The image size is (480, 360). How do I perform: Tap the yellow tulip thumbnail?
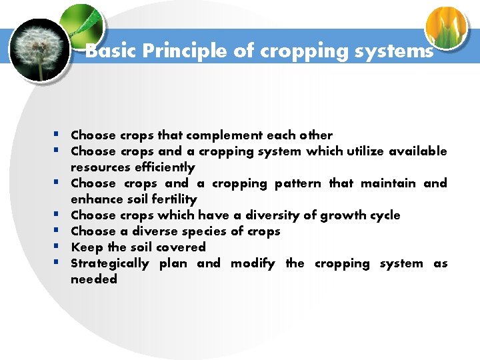point(446,28)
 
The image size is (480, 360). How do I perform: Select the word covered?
point(181,247)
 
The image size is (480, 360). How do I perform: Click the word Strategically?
point(110,263)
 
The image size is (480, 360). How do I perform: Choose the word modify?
point(253,263)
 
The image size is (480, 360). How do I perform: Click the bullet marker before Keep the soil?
point(59,247)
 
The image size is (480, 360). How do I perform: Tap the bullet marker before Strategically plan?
point(59,263)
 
